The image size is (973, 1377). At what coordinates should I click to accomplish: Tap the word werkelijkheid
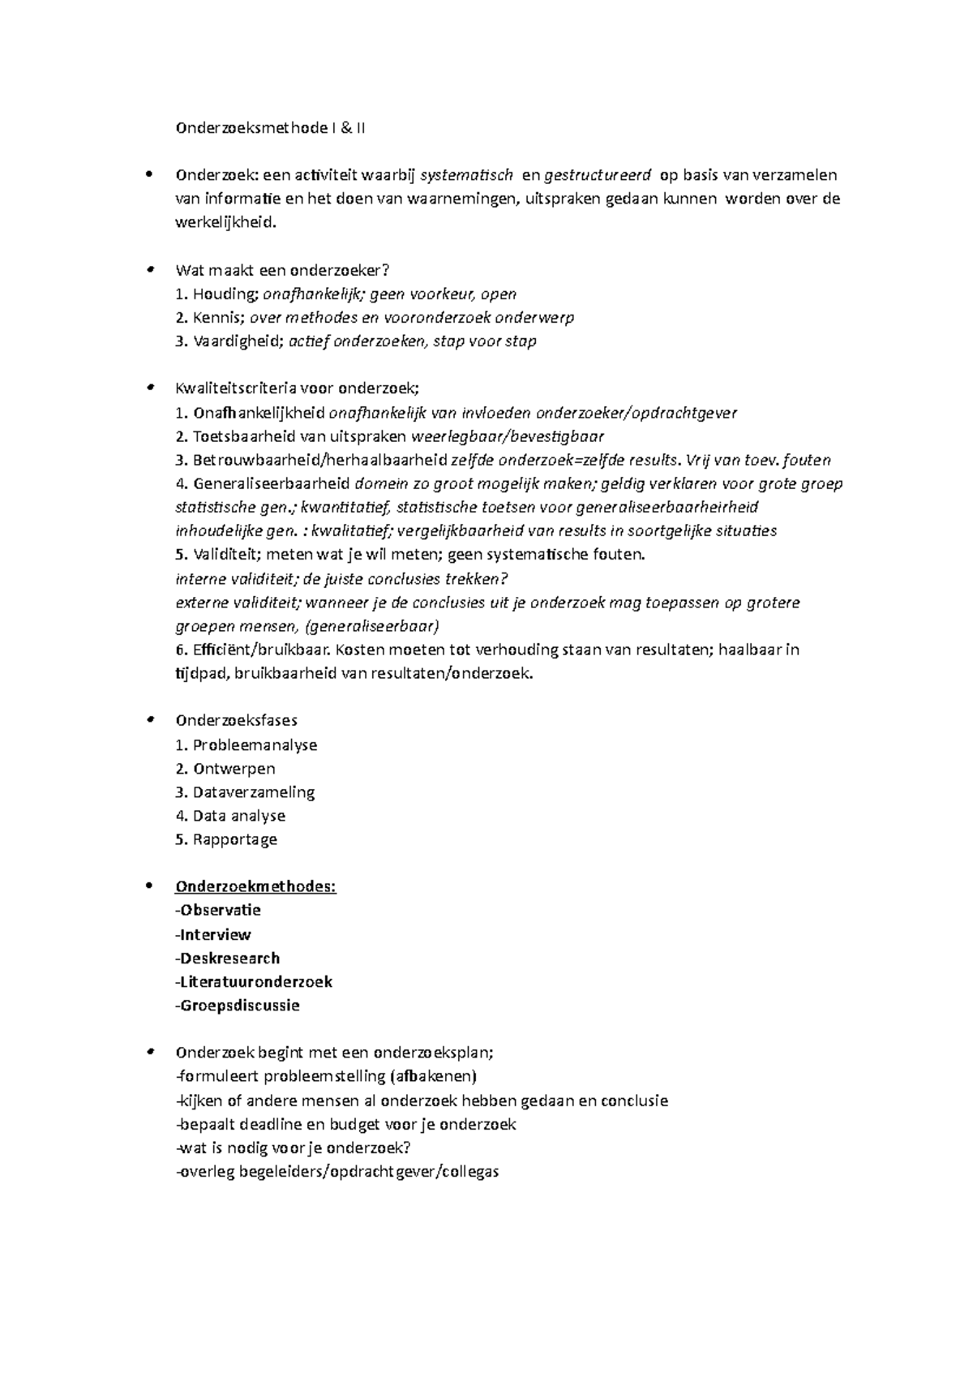click(x=225, y=222)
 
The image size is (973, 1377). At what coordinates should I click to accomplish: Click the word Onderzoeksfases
click(x=236, y=720)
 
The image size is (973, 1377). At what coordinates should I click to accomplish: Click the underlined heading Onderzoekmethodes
click(x=255, y=886)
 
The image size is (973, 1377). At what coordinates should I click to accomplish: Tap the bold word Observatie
click(x=221, y=910)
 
